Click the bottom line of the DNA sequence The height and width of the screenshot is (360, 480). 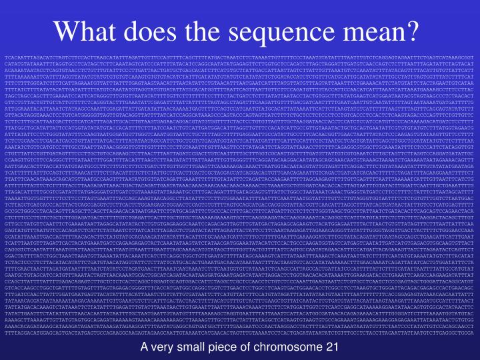[240, 325]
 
